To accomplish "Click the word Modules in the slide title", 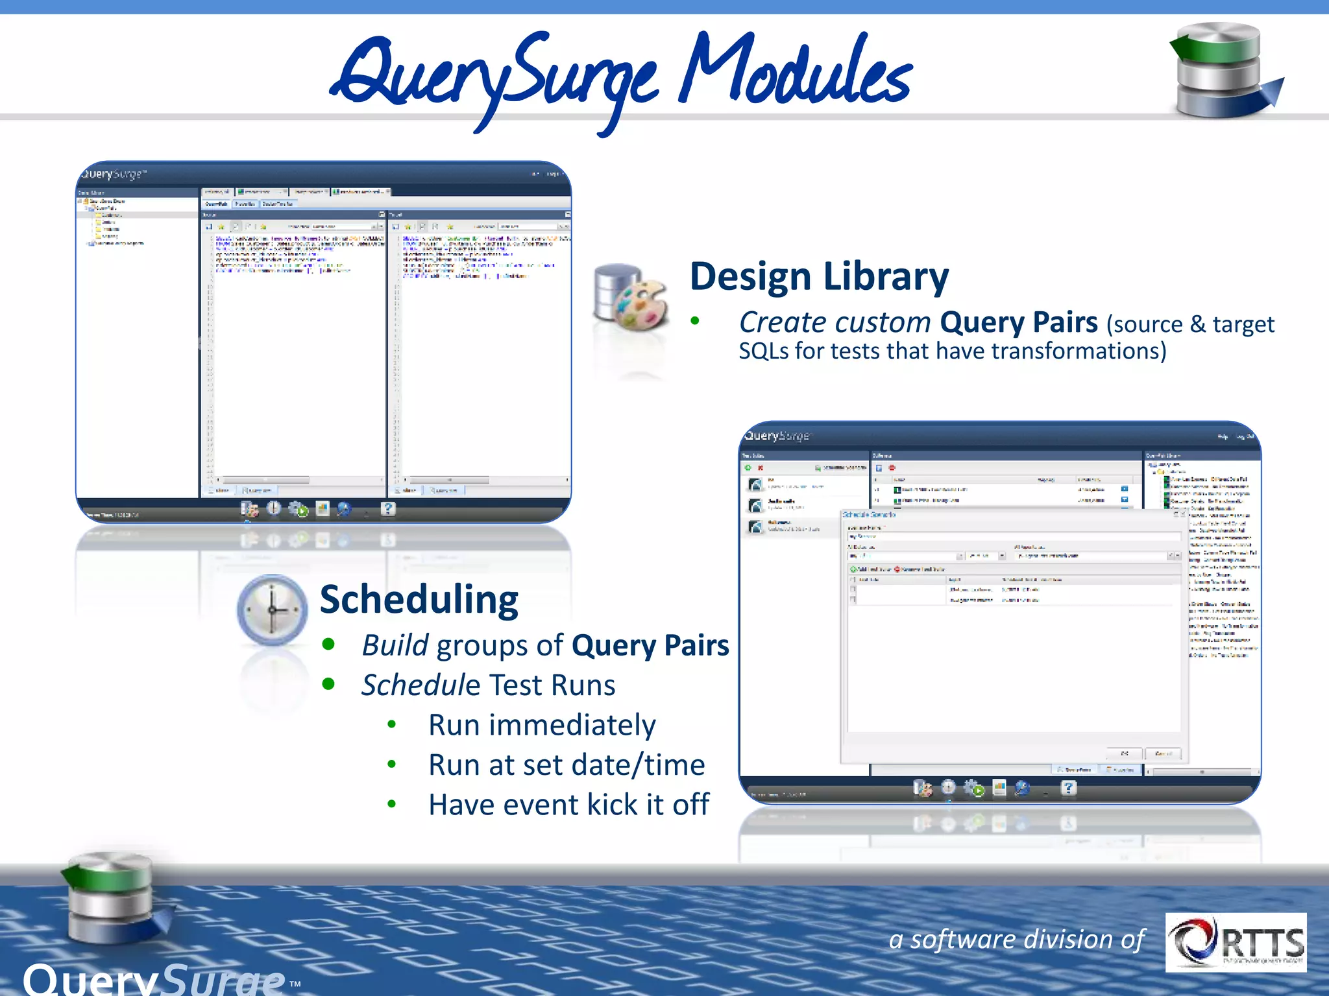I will [795, 71].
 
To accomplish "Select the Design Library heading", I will [819, 277].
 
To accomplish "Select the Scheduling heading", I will [419, 599].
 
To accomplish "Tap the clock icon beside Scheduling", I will [272, 610].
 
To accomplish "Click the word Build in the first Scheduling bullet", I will [395, 646].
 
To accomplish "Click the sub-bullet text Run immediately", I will [542, 725].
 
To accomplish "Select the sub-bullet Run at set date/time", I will [567, 765].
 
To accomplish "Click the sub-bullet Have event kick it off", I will [569, 805].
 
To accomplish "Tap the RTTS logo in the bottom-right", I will [1236, 942].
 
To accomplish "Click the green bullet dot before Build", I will [328, 645].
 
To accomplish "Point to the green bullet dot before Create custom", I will [695, 321].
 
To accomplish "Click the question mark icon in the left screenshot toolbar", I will [387, 509].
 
